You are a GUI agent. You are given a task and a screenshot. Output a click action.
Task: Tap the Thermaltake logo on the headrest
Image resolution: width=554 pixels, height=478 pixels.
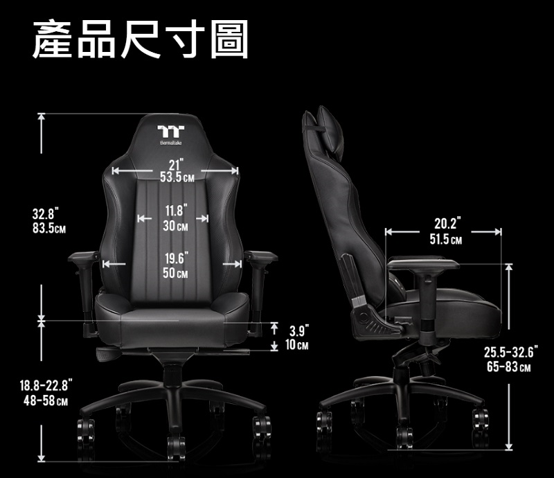pyautogui.click(x=169, y=132)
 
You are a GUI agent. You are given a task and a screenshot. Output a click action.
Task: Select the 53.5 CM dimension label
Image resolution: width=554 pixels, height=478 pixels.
pyautogui.click(x=176, y=178)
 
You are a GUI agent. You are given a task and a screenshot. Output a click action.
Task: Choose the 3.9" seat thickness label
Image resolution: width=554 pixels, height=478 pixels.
pyautogui.click(x=299, y=330)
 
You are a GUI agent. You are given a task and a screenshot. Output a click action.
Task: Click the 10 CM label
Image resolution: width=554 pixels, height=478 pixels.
pyautogui.click(x=298, y=345)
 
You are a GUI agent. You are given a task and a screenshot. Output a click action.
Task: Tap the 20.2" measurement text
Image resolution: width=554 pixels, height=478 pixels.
pyautogui.click(x=447, y=224)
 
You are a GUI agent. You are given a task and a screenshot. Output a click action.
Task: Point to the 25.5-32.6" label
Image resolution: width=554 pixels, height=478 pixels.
pyautogui.click(x=510, y=352)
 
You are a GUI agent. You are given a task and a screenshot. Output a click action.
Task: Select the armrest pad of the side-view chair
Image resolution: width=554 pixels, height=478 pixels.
pyautogui.click(x=423, y=264)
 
